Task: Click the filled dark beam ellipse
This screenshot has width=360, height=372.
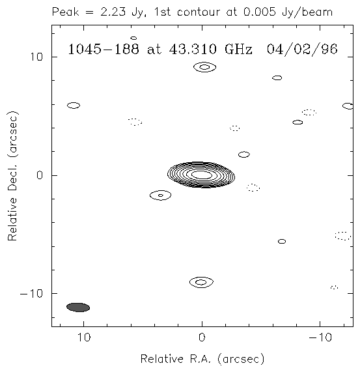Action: click(78, 308)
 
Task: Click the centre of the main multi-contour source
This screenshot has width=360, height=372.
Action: click(201, 175)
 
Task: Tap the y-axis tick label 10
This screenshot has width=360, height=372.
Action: click(36, 57)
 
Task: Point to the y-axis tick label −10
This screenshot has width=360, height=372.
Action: click(31, 293)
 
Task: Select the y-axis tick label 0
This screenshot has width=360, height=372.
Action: click(40, 175)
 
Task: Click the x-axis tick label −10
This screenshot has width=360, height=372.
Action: click(320, 337)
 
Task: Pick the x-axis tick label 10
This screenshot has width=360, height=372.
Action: click(84, 337)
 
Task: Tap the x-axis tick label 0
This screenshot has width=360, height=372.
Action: click(202, 337)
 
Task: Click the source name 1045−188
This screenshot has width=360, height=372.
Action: click(104, 49)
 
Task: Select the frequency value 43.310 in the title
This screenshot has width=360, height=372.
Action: click(193, 49)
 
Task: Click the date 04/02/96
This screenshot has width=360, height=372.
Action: click(302, 50)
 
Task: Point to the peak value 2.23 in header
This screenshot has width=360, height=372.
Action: click(113, 12)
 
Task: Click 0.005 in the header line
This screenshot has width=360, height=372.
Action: click(260, 12)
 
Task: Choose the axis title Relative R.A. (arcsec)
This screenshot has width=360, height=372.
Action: click(202, 359)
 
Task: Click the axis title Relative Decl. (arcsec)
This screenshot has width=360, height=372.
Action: click(12, 176)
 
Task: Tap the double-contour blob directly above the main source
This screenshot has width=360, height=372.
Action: click(205, 67)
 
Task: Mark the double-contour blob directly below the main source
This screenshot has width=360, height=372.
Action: click(201, 282)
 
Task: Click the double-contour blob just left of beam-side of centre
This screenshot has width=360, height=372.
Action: click(160, 195)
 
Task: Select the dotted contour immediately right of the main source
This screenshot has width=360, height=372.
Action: click(253, 188)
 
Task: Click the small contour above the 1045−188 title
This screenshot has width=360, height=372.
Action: click(133, 38)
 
